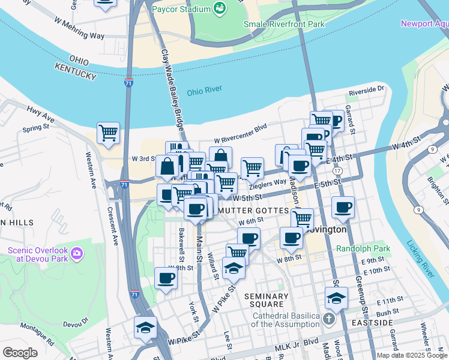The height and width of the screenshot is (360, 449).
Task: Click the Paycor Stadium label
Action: [x=181, y=10]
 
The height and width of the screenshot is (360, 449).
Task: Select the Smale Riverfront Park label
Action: [x=284, y=24]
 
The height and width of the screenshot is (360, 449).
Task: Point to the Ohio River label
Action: [x=204, y=91]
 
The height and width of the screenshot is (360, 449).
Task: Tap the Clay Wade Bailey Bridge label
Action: [x=172, y=90]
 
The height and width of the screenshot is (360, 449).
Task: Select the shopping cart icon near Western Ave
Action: [x=108, y=133]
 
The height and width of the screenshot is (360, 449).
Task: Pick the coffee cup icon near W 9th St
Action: [x=166, y=278]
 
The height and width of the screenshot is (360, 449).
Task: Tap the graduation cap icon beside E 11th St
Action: [x=336, y=297]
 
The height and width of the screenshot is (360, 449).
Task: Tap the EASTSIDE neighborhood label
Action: [x=372, y=323]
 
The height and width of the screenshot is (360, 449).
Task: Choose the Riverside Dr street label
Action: [x=367, y=89]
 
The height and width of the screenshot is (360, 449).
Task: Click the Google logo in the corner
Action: [x=20, y=353]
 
